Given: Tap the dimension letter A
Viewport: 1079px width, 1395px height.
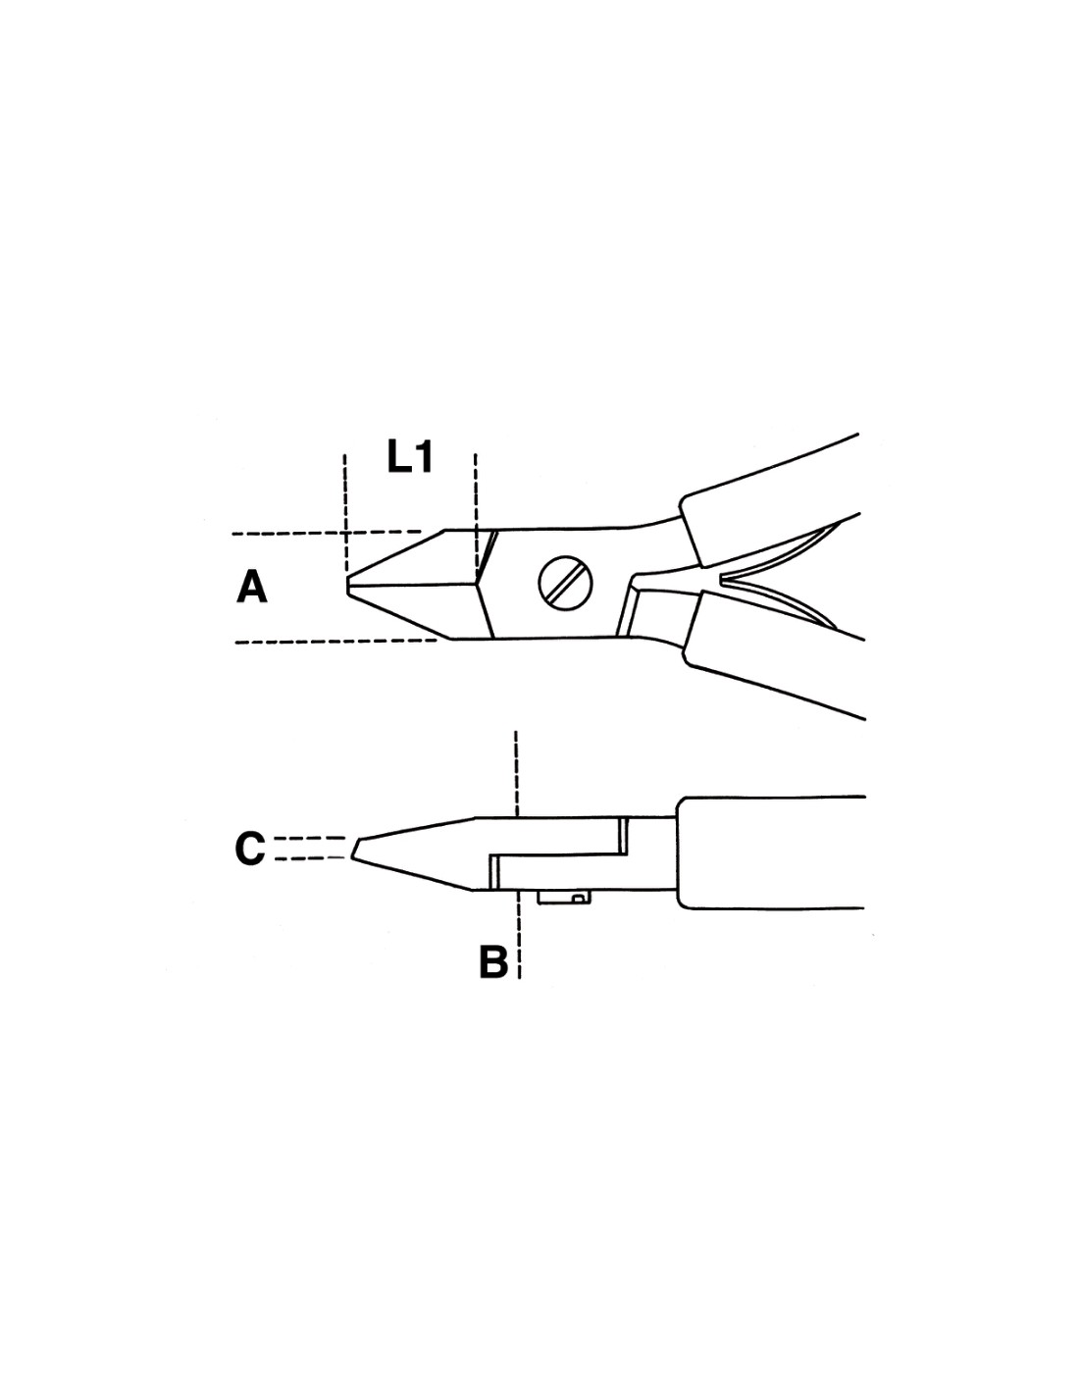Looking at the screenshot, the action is [x=252, y=588].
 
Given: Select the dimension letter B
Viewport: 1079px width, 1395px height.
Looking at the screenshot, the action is [x=493, y=961].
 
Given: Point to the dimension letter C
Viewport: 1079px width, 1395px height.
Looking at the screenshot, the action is [x=250, y=849].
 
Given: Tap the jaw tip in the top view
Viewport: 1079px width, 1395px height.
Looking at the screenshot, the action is [x=347, y=586].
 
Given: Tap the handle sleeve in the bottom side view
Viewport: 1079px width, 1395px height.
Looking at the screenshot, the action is [x=771, y=852].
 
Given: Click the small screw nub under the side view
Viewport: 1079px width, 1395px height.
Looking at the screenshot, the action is [x=563, y=897].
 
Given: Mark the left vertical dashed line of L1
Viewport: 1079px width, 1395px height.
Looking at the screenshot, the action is [x=344, y=514].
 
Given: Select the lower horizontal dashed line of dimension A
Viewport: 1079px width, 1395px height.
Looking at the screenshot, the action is [x=337, y=641].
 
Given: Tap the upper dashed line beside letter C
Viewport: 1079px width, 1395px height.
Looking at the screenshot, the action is [x=310, y=838].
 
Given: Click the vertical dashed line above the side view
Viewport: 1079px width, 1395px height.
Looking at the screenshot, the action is [x=515, y=774].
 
